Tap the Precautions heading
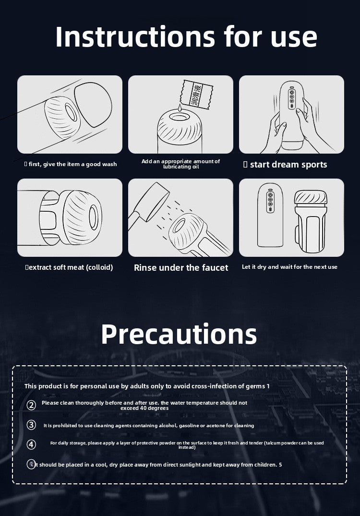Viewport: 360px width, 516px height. (x=179, y=334)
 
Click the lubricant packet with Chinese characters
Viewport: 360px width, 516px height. (x=196, y=95)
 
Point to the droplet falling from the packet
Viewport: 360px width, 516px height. (x=179, y=108)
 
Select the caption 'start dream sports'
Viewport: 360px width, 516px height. (x=288, y=165)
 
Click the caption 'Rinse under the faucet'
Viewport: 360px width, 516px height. (x=181, y=267)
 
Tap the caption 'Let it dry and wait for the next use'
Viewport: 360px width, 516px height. (x=289, y=267)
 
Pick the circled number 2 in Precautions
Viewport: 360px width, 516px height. (x=31, y=405)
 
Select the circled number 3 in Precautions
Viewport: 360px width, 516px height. (x=31, y=425)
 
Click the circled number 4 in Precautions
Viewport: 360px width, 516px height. (x=31, y=444)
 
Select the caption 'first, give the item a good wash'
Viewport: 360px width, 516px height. (x=72, y=164)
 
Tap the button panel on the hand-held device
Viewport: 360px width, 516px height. (x=291, y=98)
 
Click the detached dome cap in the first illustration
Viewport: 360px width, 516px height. (x=93, y=104)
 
